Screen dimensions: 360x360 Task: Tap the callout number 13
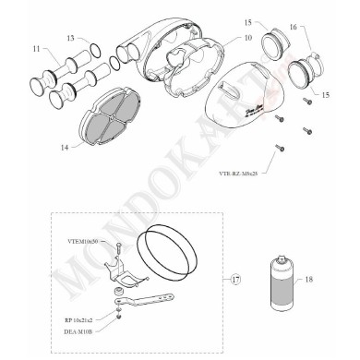click(71, 38)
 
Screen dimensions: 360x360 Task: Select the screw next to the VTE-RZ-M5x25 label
click(276, 147)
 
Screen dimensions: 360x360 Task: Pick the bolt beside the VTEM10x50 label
click(120, 246)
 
